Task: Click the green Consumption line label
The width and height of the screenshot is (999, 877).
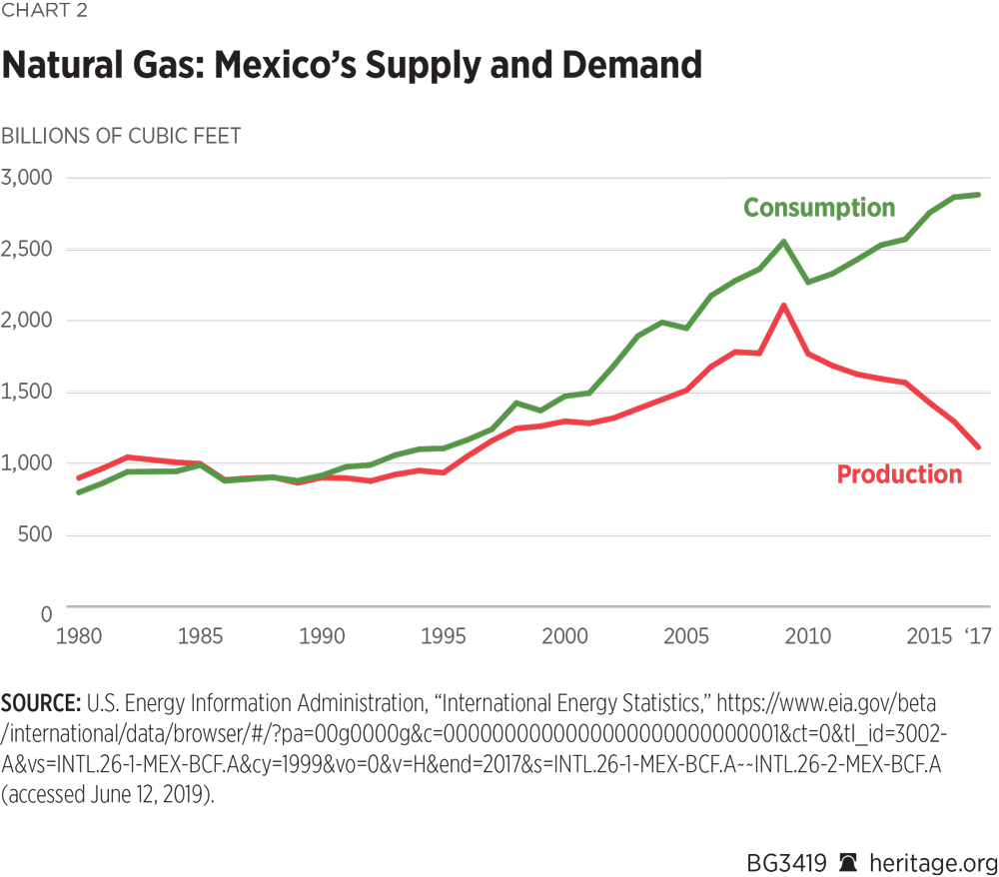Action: point(819,208)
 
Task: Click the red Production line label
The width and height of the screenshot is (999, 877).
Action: point(899,474)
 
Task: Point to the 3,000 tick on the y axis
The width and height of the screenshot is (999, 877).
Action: point(32,178)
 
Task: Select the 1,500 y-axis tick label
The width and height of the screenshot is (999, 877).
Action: point(32,392)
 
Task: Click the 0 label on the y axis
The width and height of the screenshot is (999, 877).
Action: point(46,613)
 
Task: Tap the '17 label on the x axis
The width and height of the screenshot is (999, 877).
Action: point(975,636)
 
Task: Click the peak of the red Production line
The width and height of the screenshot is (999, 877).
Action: point(784,305)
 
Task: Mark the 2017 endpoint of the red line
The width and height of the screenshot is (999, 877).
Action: point(977,446)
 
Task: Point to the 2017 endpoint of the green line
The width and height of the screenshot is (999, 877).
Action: point(977,195)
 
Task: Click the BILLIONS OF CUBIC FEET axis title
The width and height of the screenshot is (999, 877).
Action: point(121,135)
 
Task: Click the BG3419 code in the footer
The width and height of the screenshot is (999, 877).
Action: point(786,861)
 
